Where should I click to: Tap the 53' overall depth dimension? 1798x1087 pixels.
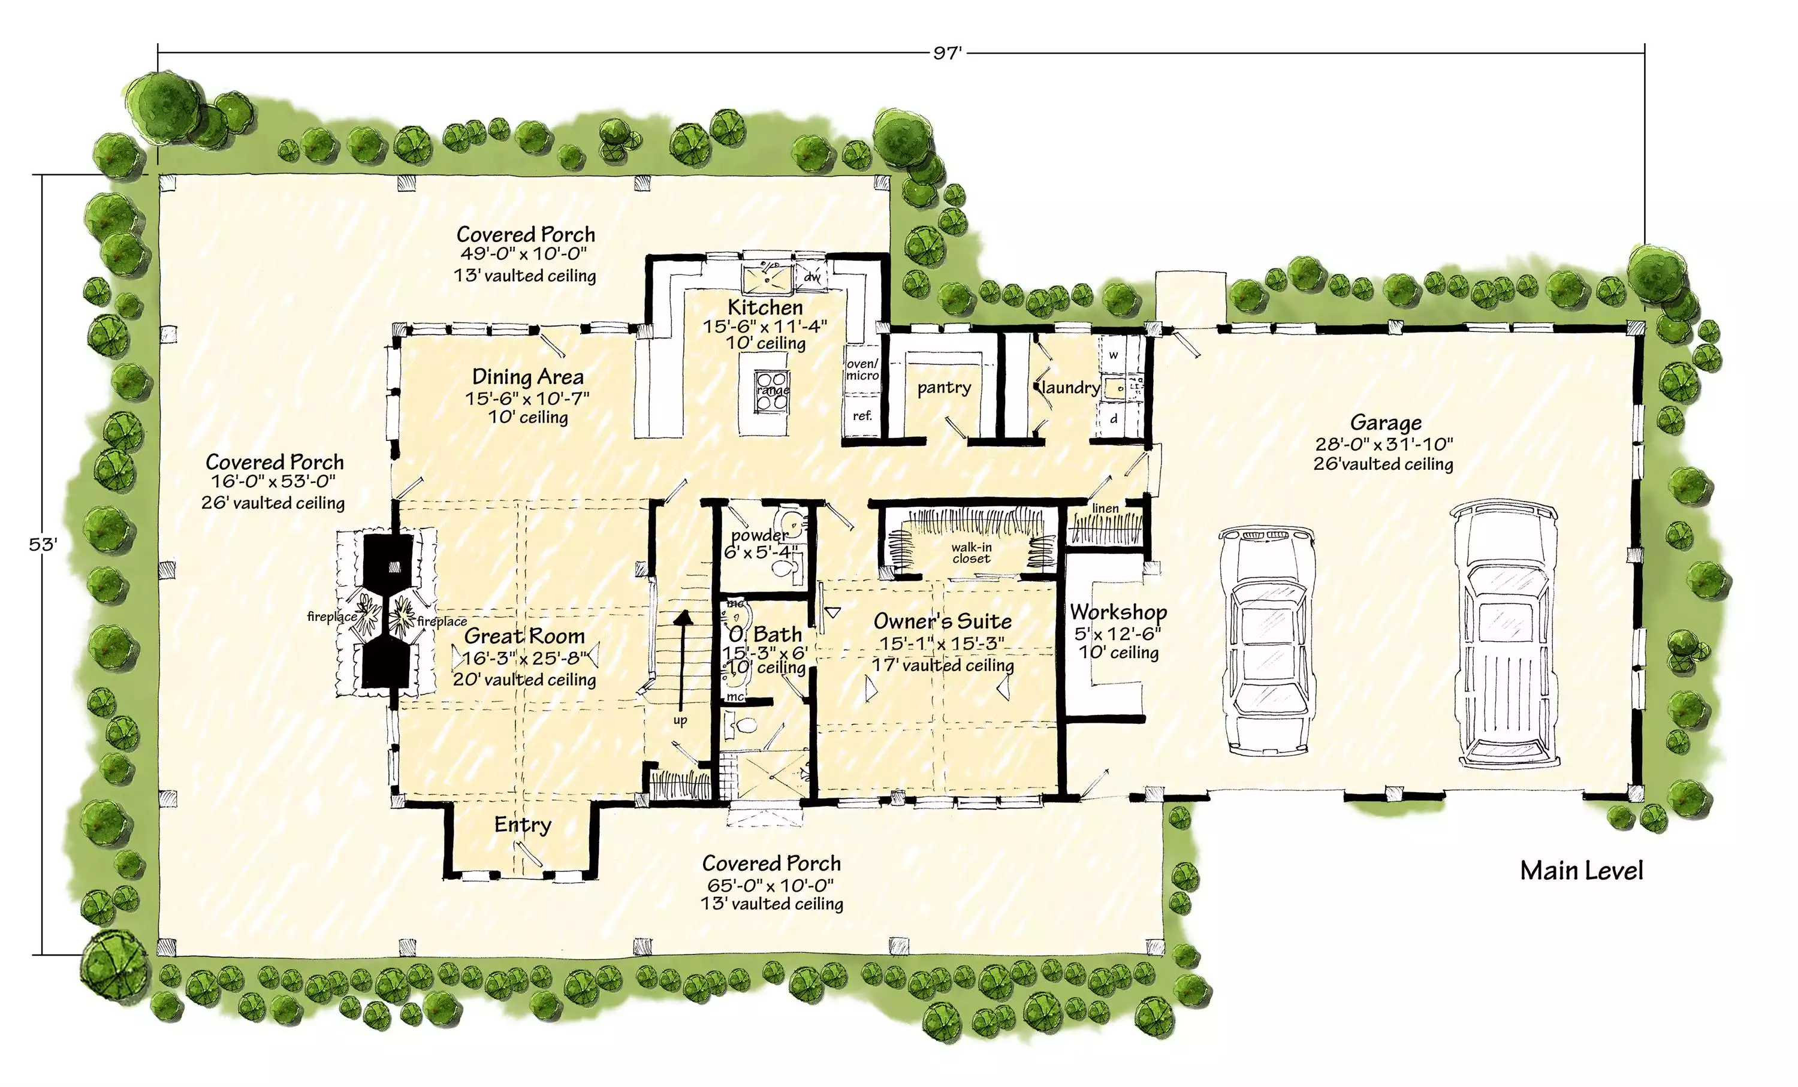pyautogui.click(x=43, y=545)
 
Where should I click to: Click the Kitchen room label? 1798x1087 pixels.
pyautogui.click(x=765, y=307)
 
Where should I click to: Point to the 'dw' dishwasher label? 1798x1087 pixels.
pyautogui.click(x=812, y=277)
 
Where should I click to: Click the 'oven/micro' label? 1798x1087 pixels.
pyautogui.click(x=862, y=370)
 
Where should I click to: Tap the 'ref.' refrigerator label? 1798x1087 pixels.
pyautogui.click(x=862, y=416)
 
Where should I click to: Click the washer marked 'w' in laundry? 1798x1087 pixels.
pyautogui.click(x=1114, y=355)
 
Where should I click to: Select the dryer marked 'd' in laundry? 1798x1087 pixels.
pyautogui.click(x=1114, y=419)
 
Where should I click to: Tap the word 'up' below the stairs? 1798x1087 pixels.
pyautogui.click(x=680, y=721)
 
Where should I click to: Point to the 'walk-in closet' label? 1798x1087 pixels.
pyautogui.click(x=972, y=553)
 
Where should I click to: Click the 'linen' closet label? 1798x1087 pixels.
pyautogui.click(x=1106, y=509)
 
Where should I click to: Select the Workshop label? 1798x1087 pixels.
pyautogui.click(x=1118, y=611)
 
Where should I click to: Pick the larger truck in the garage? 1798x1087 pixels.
pyautogui.click(x=1505, y=636)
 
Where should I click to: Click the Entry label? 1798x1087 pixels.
pyautogui.click(x=523, y=825)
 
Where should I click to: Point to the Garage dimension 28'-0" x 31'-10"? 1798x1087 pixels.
pyautogui.click(x=1384, y=443)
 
